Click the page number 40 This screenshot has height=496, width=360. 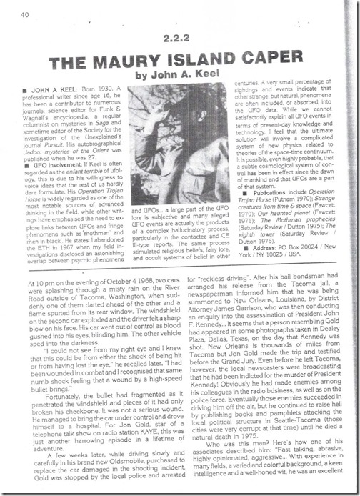tap(24, 12)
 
